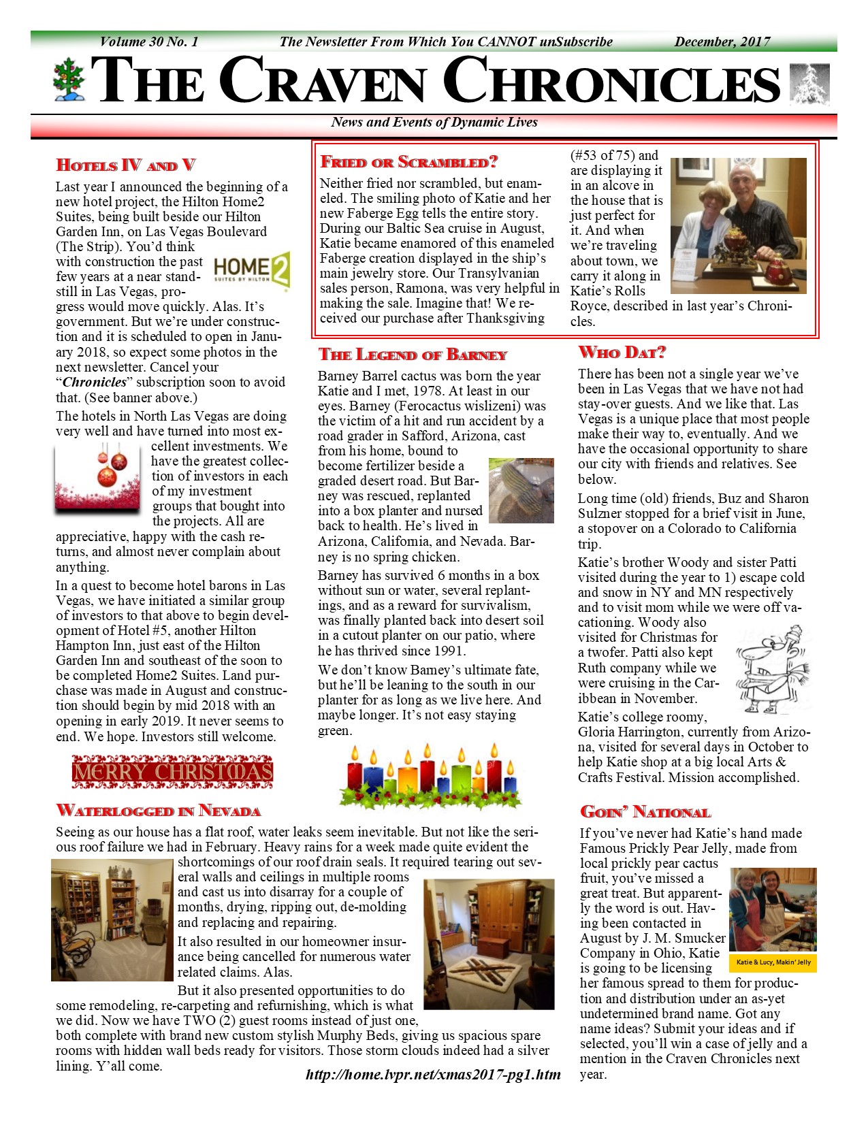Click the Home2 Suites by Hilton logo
252,270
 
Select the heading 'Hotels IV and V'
126,165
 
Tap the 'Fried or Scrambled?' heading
409,162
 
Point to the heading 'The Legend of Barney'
413,355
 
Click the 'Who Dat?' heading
622,352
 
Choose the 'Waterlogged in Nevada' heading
159,811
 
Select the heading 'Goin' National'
645,812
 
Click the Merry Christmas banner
172,771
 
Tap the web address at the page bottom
434,1075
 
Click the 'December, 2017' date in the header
722,42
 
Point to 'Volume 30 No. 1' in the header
149,42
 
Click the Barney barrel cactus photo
521,490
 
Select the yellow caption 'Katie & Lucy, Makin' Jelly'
773,962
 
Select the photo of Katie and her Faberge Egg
738,226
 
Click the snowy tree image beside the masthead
809,84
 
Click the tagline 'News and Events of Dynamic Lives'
434,123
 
